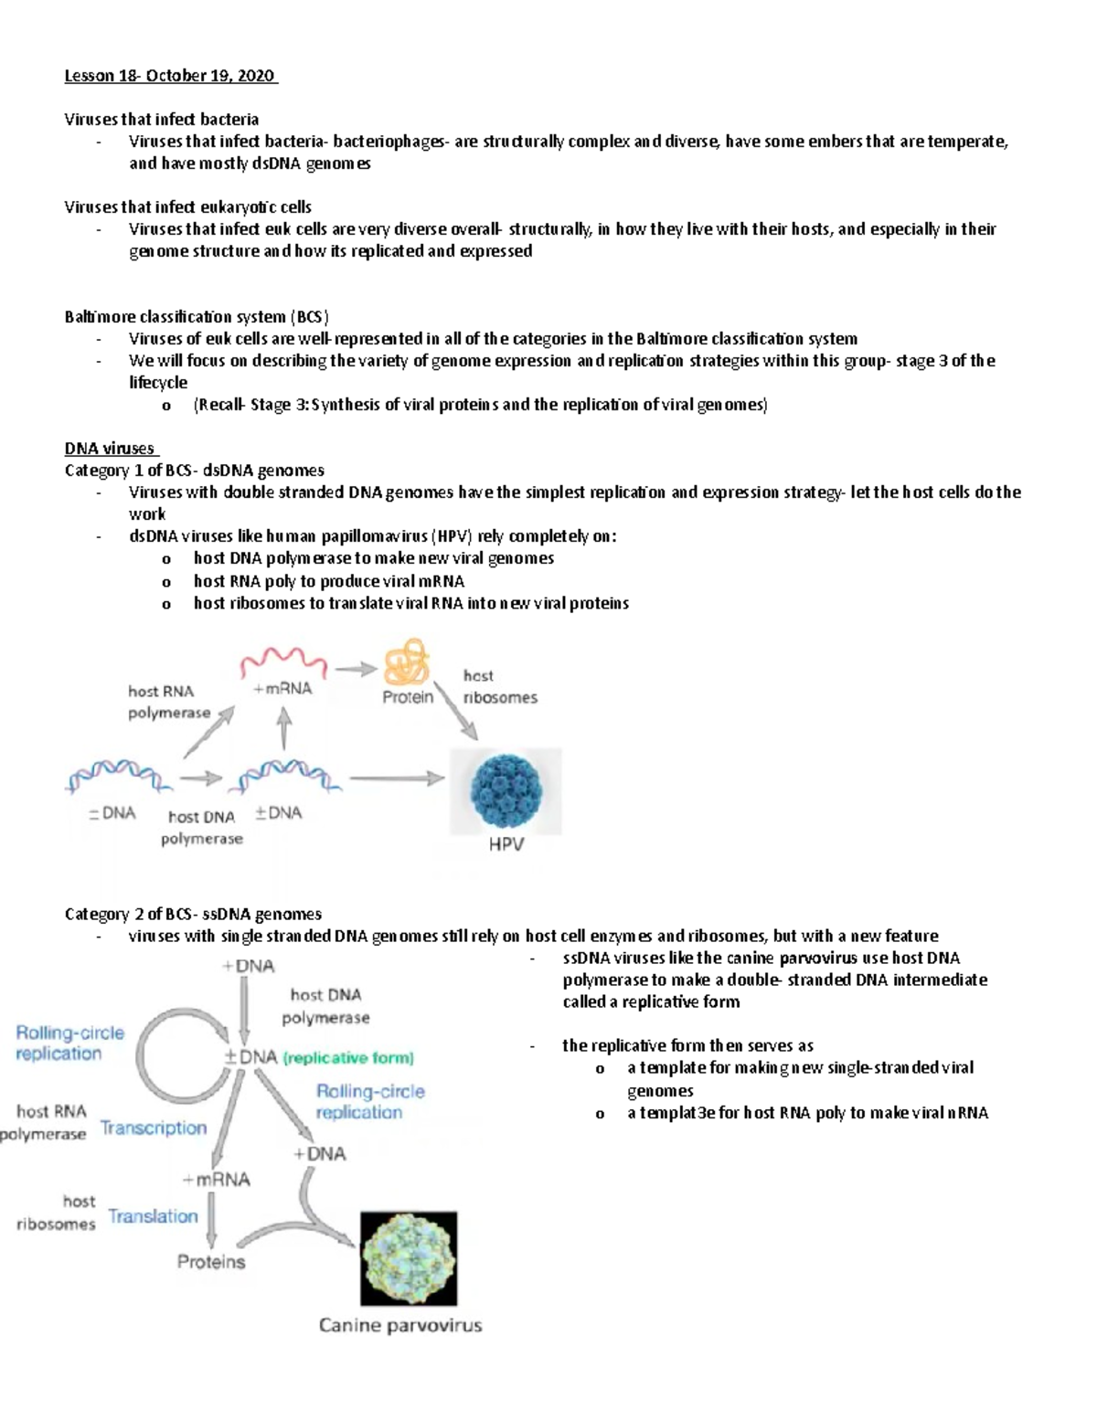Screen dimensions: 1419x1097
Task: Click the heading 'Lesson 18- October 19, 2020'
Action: (x=170, y=76)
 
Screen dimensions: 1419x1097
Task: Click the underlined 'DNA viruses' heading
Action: (x=111, y=448)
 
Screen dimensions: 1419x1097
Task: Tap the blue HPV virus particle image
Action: (x=506, y=791)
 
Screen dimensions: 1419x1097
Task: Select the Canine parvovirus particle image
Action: (x=409, y=1258)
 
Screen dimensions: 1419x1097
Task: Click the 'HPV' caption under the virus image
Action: (x=506, y=844)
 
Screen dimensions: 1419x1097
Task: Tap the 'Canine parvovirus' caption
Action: (x=399, y=1325)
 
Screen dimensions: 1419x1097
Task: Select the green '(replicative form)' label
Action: (x=348, y=1058)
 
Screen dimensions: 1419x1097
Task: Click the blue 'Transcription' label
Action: (x=154, y=1128)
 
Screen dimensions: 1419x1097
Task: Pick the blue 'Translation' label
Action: (x=153, y=1216)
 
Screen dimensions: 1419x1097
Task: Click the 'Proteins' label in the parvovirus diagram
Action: (x=211, y=1262)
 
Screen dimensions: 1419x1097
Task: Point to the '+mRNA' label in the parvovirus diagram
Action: (x=216, y=1180)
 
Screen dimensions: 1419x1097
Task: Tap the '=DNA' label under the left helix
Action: (x=112, y=812)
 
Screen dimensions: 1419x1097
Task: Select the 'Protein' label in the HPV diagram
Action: (x=408, y=697)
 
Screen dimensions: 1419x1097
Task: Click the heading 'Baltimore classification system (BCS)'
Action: (x=197, y=317)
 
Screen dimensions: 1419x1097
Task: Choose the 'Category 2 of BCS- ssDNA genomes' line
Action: (x=193, y=914)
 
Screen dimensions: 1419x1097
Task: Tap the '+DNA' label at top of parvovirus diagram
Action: (x=248, y=966)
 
